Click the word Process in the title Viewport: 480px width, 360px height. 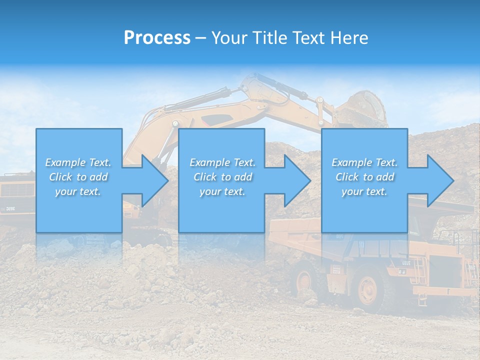pyautogui.click(x=157, y=37)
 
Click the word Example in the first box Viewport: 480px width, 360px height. pyautogui.click(x=64, y=162)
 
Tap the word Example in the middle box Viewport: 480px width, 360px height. pyautogui.click(x=209, y=162)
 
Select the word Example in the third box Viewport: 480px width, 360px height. pyautogui.click(x=351, y=162)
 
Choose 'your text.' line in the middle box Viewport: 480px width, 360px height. pyautogui.click(x=222, y=191)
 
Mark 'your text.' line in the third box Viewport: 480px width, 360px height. pyautogui.click(x=364, y=191)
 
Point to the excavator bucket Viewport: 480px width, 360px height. pyautogui.click(x=367, y=107)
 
